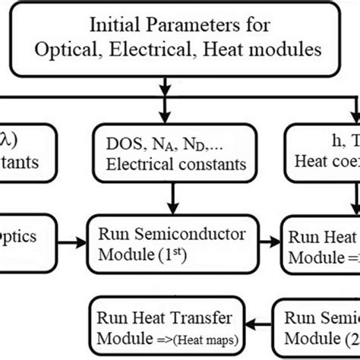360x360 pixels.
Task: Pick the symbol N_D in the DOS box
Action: [x=194, y=143]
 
